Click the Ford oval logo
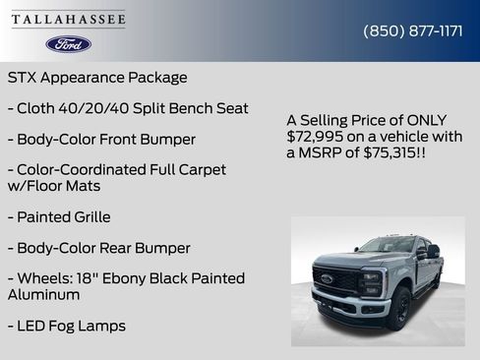pos(69,44)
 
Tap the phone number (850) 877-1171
pos(413,30)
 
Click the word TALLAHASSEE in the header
pos(69,19)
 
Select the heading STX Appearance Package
pos(97,77)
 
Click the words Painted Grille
pos(65,216)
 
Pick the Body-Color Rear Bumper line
pos(98,248)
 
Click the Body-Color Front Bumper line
pos(101,140)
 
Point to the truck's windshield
pos(387,246)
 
